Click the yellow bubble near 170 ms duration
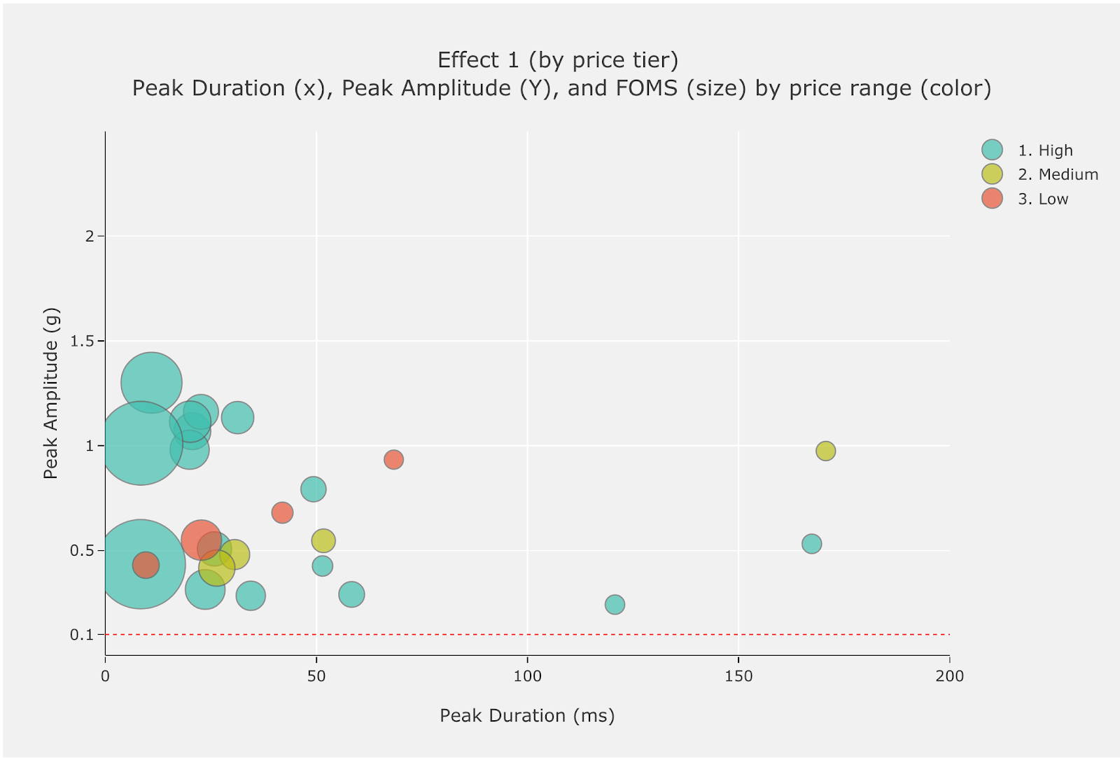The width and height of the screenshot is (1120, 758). (x=825, y=451)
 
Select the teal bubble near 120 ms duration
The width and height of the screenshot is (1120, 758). (x=615, y=604)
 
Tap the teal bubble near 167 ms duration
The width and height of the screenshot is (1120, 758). (x=811, y=544)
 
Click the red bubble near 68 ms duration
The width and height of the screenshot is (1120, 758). (x=393, y=460)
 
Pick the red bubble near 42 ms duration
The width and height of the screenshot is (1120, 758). (x=282, y=513)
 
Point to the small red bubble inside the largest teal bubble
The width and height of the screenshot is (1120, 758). (x=146, y=565)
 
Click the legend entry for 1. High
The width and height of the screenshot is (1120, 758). (x=1044, y=150)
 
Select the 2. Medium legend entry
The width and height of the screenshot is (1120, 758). (x=1057, y=175)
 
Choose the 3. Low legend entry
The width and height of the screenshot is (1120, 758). (x=1042, y=199)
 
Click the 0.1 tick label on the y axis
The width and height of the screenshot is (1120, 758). (x=81, y=635)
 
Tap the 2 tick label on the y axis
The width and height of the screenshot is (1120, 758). (x=90, y=237)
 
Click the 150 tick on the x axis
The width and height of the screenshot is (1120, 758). (x=738, y=676)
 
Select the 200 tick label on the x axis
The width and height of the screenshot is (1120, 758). (x=949, y=676)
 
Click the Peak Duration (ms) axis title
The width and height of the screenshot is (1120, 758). (x=527, y=715)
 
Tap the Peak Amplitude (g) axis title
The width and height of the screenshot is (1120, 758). (x=50, y=393)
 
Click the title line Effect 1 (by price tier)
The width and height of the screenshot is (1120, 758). (x=558, y=60)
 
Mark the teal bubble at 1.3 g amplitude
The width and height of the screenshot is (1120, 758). (x=151, y=383)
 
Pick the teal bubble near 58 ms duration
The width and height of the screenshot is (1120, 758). (x=351, y=594)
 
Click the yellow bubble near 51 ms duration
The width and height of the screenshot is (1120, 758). (x=323, y=540)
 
